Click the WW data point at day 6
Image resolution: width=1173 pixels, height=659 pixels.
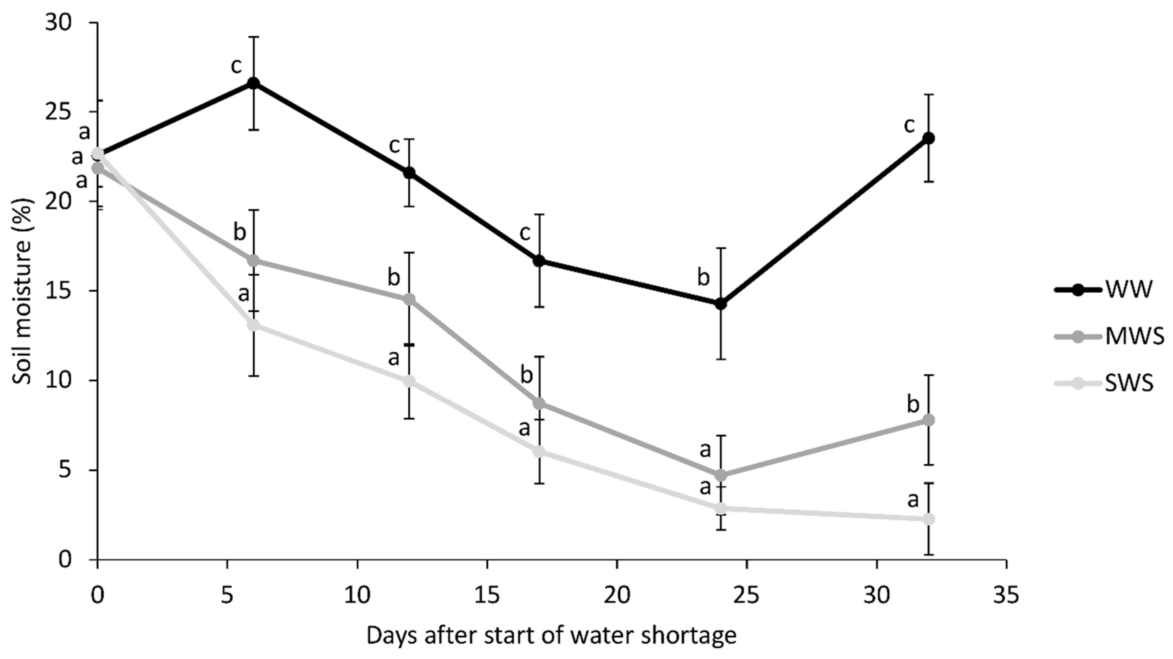(x=254, y=83)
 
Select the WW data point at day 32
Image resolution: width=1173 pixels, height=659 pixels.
(x=928, y=139)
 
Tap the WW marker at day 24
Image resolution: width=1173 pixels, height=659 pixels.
(x=721, y=304)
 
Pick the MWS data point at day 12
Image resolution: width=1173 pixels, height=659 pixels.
(x=409, y=299)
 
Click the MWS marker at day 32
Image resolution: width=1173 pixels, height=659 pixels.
(x=928, y=420)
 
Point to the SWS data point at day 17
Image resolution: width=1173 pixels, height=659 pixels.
(x=540, y=452)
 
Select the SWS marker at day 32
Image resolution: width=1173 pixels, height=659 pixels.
(x=928, y=519)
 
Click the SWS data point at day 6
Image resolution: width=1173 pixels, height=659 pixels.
(x=254, y=325)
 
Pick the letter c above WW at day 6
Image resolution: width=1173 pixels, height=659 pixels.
(x=236, y=65)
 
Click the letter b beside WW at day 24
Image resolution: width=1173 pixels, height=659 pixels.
(x=703, y=277)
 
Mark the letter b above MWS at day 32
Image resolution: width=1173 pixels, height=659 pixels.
(x=913, y=404)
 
